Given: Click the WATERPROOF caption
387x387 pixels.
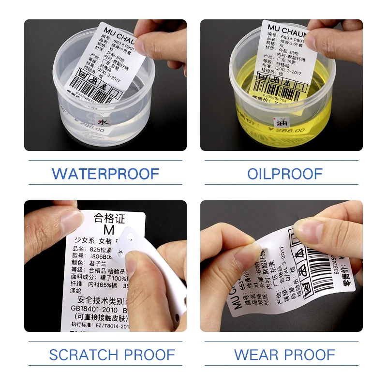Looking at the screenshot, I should pos(105,173).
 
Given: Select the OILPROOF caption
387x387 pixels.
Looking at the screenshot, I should pos(285,173).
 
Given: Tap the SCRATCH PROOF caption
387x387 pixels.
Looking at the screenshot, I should pos(112,355).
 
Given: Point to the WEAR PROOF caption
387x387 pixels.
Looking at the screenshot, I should pos(284,355).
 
